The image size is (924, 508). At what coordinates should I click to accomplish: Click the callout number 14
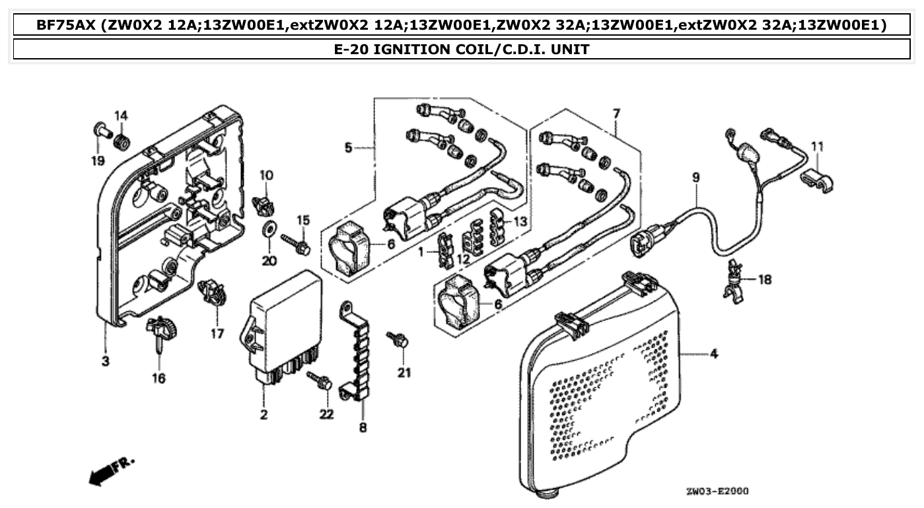point(121,116)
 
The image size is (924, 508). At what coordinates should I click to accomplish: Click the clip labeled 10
point(265,204)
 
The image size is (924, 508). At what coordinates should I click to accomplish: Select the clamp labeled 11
point(816,180)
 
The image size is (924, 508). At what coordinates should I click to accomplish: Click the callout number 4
point(714,355)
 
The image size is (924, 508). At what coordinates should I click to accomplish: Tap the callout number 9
point(695,177)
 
